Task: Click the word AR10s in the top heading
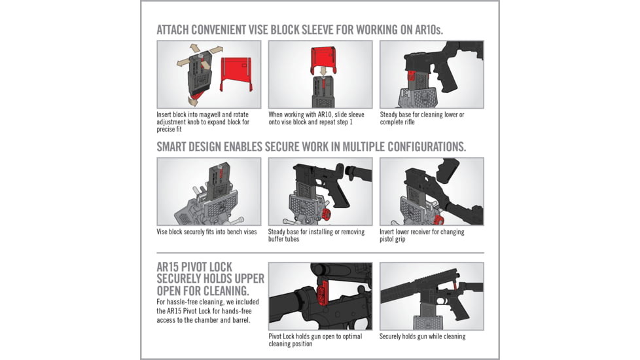tap(429, 29)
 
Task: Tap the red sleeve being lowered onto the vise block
tap(320, 58)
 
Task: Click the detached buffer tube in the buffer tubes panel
tap(357, 173)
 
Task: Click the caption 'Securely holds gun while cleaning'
tap(422, 336)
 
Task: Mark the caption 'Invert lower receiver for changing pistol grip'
tap(422, 236)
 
